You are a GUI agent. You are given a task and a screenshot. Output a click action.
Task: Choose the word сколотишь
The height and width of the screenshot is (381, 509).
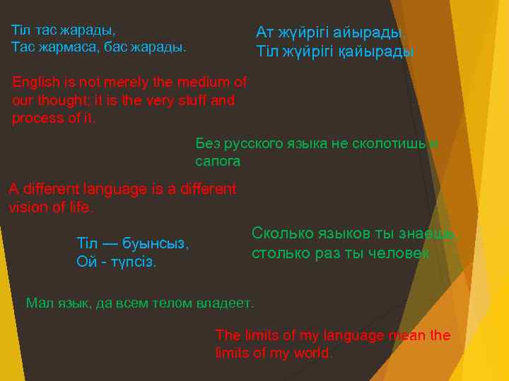[x=387, y=144]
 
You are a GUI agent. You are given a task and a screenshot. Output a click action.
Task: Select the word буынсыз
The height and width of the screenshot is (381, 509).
[x=155, y=244]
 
